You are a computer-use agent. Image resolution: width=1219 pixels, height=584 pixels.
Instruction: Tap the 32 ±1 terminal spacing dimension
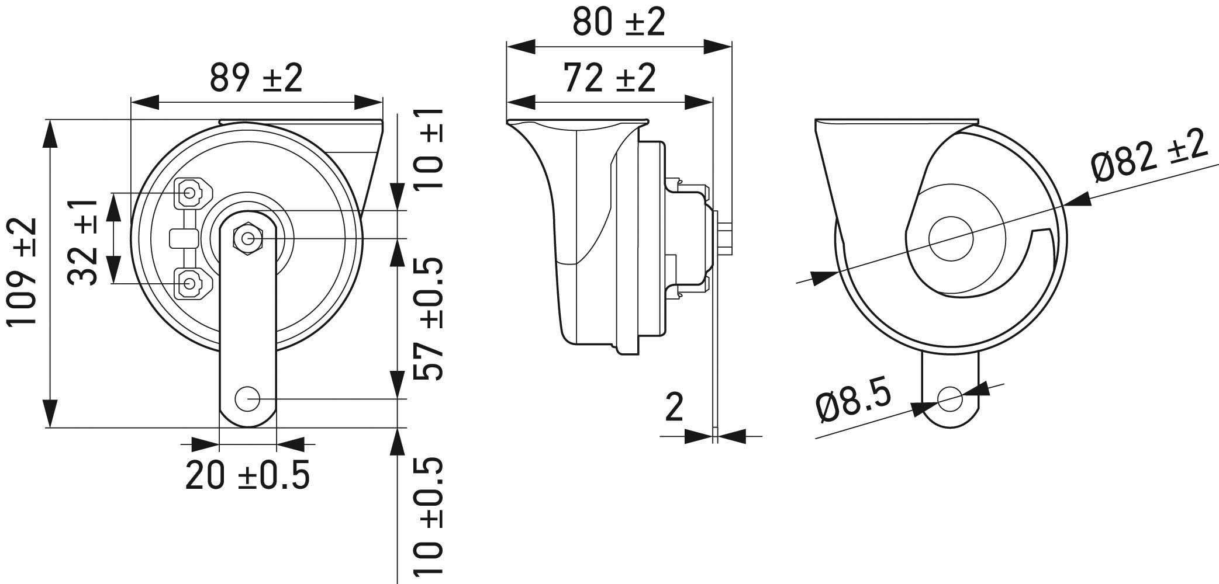83,241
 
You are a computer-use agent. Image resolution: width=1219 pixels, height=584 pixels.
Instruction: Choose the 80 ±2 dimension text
619,22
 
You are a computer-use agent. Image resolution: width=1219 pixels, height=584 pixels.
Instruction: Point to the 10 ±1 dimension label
428,149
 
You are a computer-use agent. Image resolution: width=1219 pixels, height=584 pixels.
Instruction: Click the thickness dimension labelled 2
674,408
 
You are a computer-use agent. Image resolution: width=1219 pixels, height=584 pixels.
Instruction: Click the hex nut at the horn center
248,238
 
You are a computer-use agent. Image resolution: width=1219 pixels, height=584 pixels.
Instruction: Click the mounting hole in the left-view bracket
247,399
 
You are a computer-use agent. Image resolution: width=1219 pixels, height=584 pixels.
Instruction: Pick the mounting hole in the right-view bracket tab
949,399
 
